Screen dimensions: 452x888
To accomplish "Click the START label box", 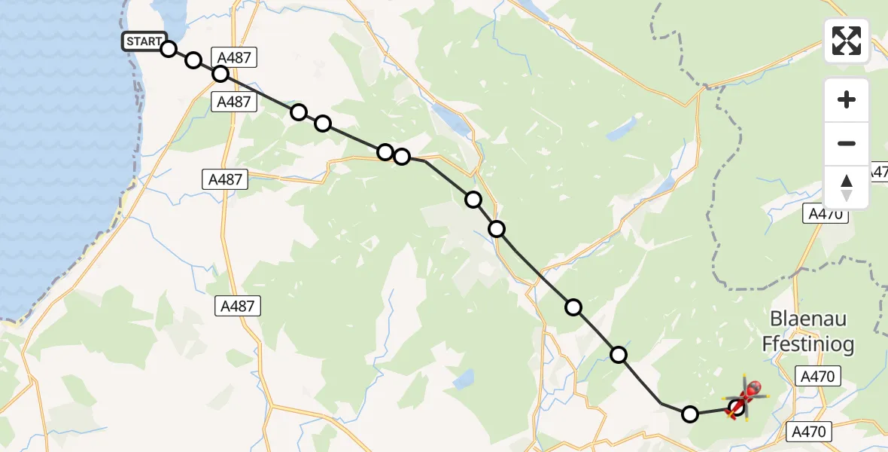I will pos(143,41).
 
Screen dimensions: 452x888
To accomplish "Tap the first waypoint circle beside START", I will pos(169,49).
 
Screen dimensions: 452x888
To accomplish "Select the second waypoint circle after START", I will pos(193,60).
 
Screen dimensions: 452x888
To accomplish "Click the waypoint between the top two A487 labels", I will pos(220,74).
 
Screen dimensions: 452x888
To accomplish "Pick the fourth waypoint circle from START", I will pos(299,112).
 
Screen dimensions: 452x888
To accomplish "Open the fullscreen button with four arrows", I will pos(847,41).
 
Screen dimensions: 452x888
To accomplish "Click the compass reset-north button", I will pos(847,188).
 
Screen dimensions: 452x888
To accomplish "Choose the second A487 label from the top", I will pos(233,102).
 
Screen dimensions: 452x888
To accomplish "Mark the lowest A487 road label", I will pos(238,305).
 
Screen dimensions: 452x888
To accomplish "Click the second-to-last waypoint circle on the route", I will pos(690,414).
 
